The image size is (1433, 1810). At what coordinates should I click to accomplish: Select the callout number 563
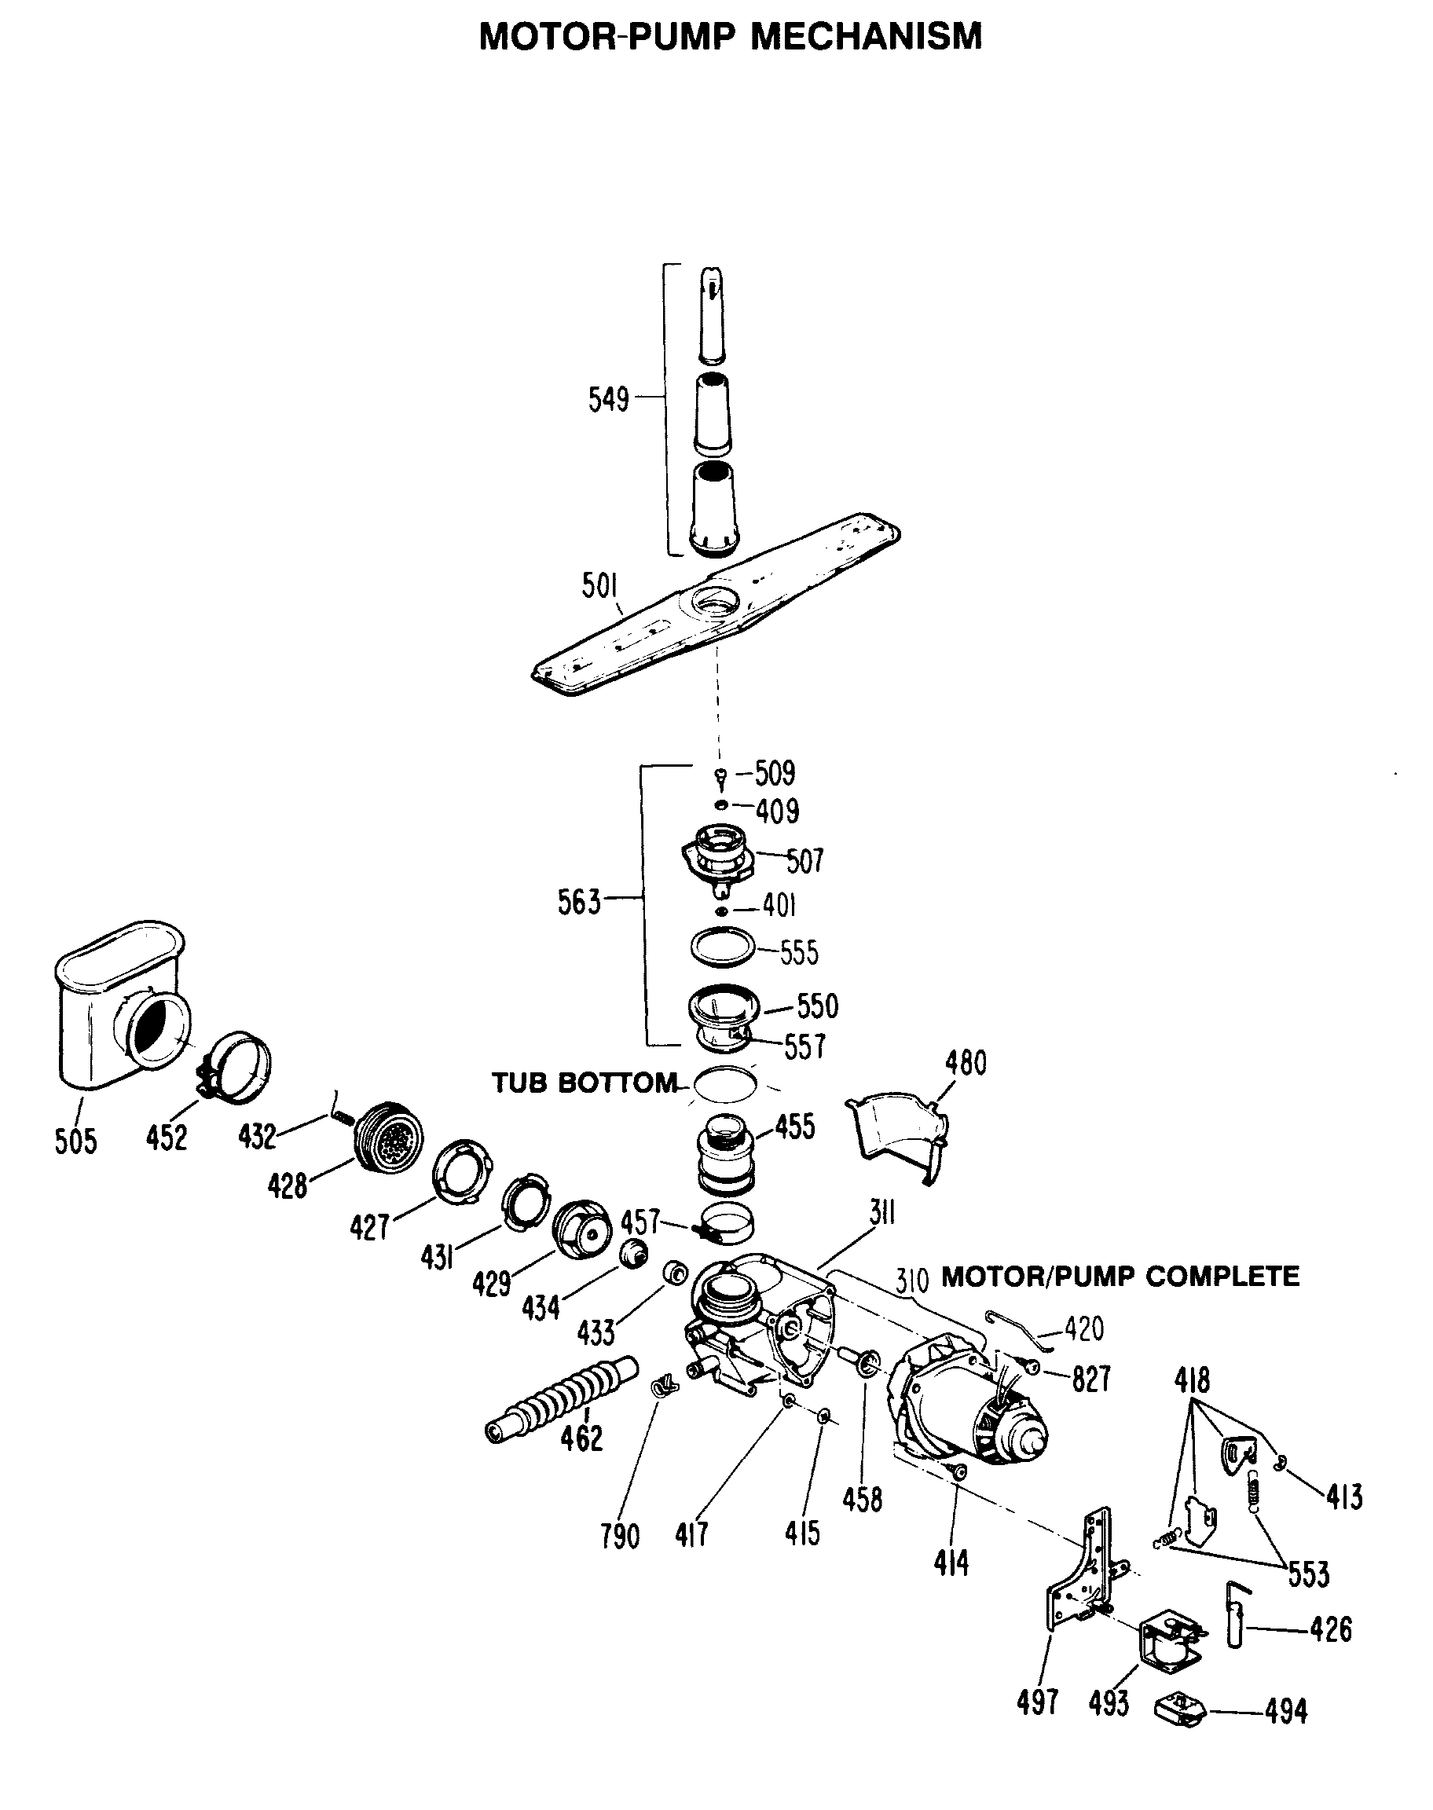(x=579, y=903)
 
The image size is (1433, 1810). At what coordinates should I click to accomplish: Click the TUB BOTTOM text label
(x=584, y=1083)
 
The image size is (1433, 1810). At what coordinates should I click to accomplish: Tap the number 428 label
(x=287, y=1186)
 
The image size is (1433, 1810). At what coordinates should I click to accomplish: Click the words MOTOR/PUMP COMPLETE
(x=1120, y=1277)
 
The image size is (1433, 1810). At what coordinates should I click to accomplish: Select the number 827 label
(x=1090, y=1379)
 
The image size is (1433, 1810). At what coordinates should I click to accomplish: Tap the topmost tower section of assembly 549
(x=713, y=314)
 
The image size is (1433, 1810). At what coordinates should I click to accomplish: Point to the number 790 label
(x=620, y=1537)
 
